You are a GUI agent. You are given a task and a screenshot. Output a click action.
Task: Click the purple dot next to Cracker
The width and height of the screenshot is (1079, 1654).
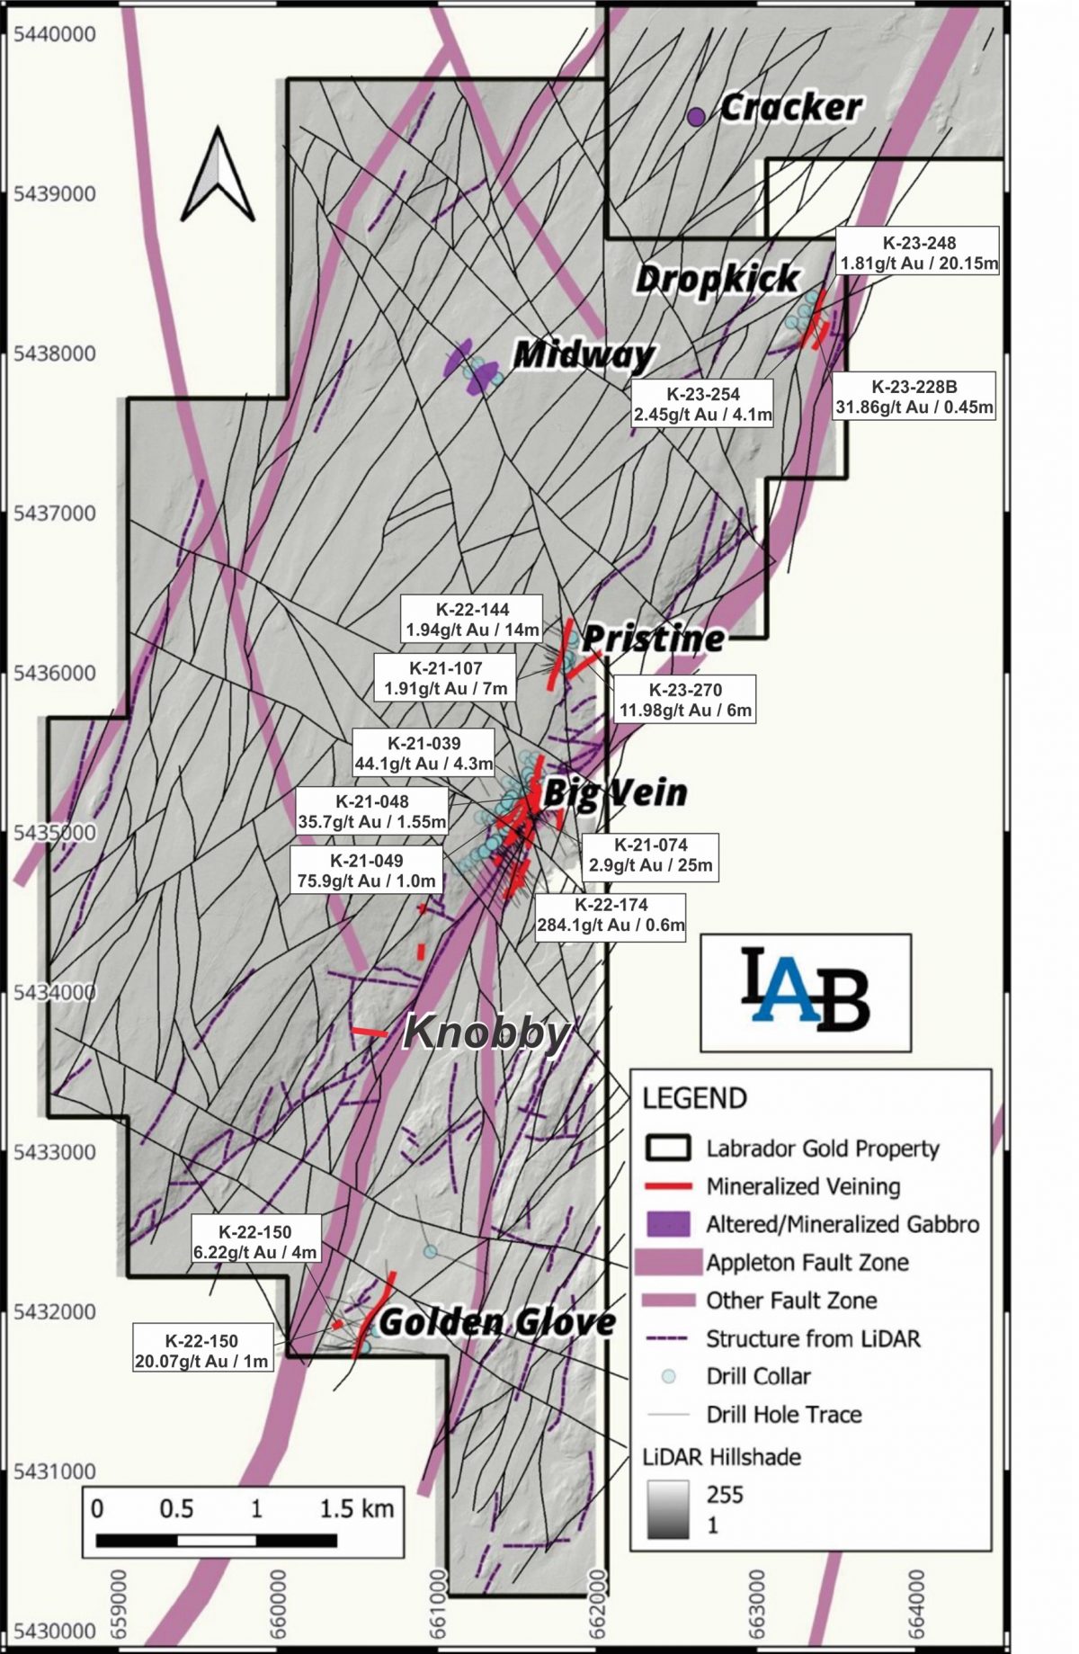pyautogui.click(x=695, y=116)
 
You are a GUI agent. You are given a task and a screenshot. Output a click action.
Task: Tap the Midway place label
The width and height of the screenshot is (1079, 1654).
pyautogui.click(x=583, y=355)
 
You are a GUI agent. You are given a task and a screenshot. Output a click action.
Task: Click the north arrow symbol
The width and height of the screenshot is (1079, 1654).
pyautogui.click(x=217, y=175)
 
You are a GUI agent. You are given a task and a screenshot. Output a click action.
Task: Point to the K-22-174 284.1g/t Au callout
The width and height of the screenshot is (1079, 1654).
pyautogui.click(x=611, y=916)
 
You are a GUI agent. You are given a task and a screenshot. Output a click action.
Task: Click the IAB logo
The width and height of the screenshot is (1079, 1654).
pyautogui.click(x=806, y=992)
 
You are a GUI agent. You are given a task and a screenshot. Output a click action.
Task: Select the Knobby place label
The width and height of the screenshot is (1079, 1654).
pyautogui.click(x=486, y=1033)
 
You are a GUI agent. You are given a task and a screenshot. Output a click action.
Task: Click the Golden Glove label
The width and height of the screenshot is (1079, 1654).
pyautogui.click(x=497, y=1321)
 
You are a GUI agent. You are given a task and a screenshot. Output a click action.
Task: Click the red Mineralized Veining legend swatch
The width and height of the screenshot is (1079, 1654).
pyautogui.click(x=666, y=1186)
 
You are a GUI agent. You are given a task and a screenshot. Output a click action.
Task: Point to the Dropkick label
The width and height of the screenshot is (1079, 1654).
pyautogui.click(x=717, y=278)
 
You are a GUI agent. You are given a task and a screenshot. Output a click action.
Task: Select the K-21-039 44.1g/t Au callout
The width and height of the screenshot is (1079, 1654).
pyautogui.click(x=424, y=754)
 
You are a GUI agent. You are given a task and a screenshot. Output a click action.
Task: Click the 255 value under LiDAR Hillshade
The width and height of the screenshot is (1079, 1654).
pyautogui.click(x=725, y=1495)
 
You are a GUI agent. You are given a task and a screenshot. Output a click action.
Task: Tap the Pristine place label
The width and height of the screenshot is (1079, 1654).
pyautogui.click(x=653, y=639)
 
